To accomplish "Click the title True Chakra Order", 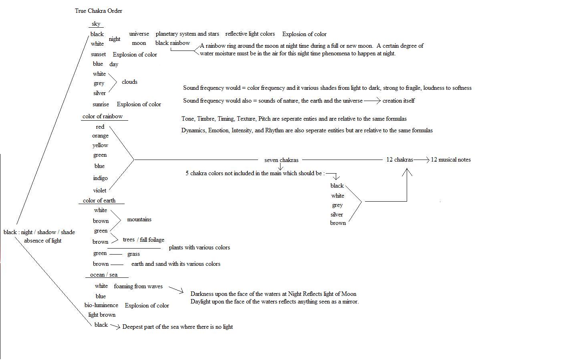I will coord(98,11).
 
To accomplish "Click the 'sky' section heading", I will coord(96,24).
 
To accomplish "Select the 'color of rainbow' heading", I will coord(103,116).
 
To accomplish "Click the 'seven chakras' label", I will coord(281,160).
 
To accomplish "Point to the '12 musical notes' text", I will coord(450,160).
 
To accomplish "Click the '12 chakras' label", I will coord(399,160).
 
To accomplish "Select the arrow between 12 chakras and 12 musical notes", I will coord(422,160).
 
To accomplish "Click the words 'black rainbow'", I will coord(172,43).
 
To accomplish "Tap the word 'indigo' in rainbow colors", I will coord(100,178).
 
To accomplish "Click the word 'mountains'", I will coord(139,219).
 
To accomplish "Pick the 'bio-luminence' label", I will coord(101,305).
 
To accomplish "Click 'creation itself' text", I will coord(398,101).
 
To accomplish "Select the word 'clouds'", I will coord(129,82).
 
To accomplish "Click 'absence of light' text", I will coord(42,241).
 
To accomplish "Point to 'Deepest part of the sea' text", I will coord(178,327).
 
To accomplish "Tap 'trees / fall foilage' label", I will coord(143,240).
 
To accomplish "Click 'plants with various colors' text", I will coord(199,247).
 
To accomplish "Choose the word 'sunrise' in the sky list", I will coord(101,104).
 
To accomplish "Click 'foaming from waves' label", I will coord(138,286).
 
